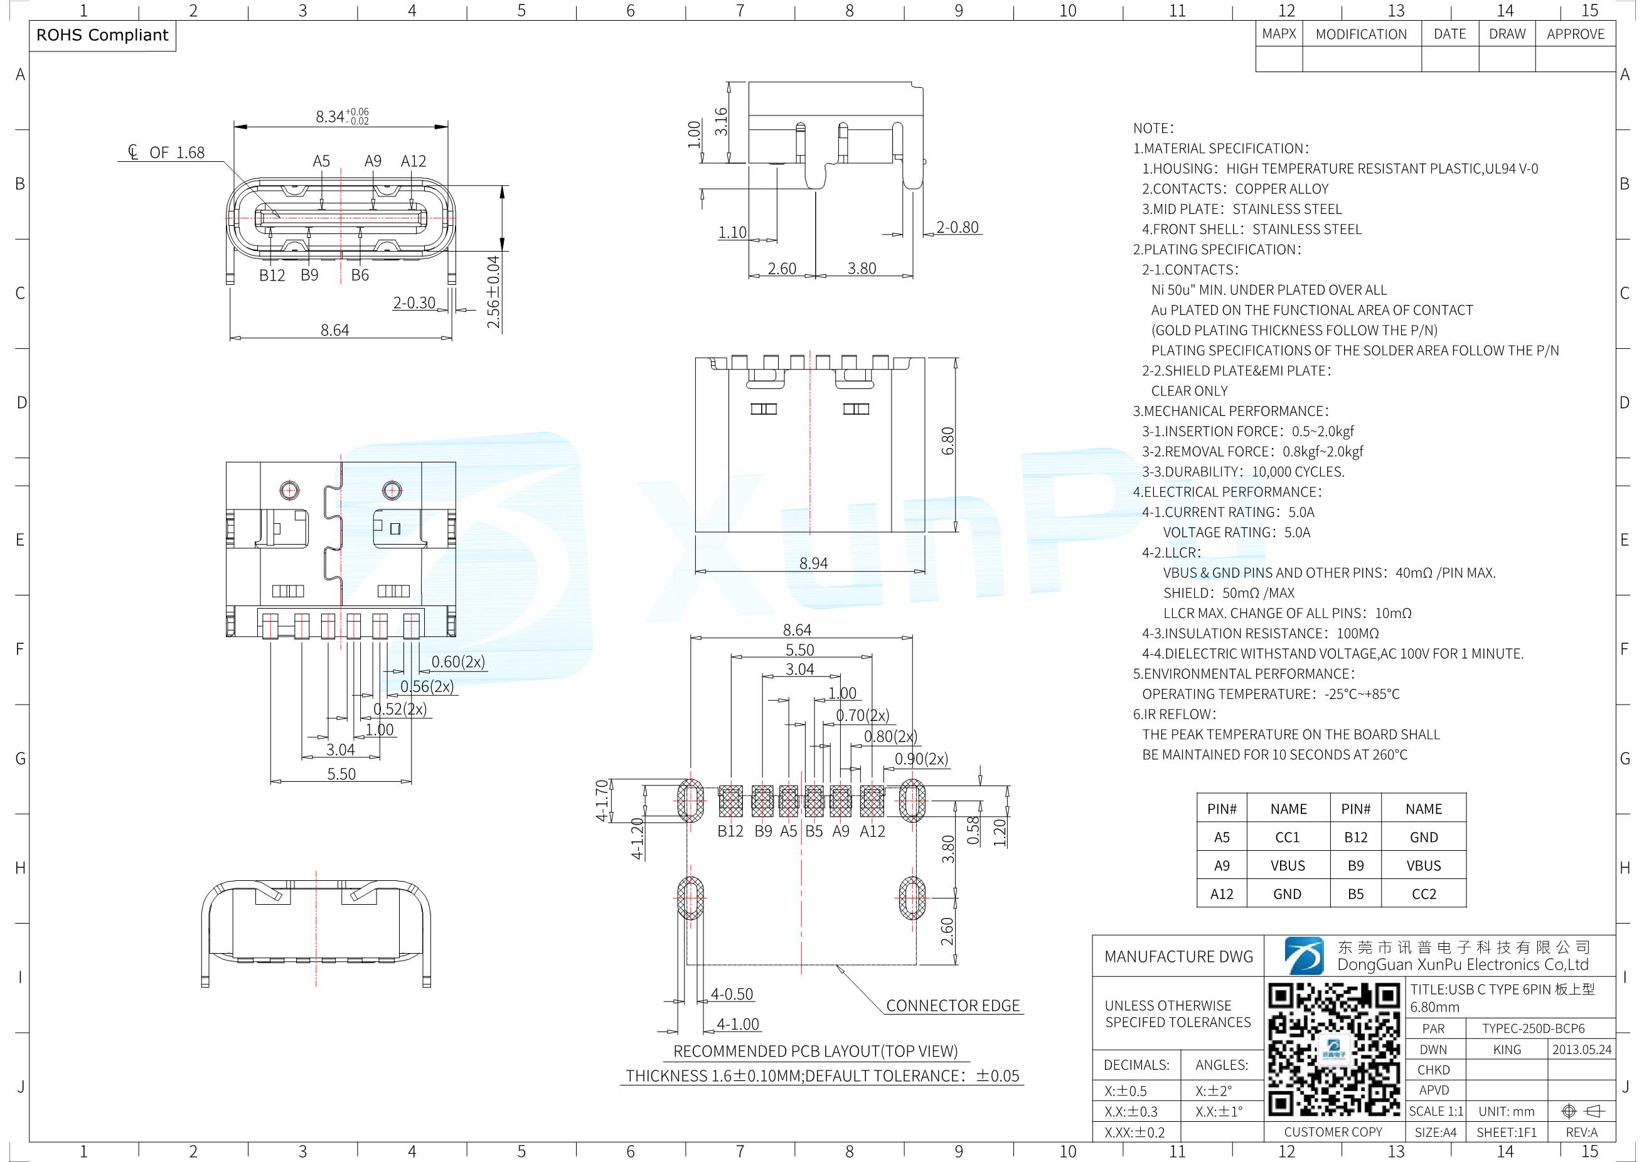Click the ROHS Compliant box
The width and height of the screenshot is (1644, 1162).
coord(102,36)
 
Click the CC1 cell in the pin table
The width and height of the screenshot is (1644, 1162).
coord(1288,837)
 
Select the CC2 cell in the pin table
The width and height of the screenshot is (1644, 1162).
coord(1424,893)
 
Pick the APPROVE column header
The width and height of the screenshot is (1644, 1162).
coord(1575,34)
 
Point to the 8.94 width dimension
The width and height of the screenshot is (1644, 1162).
coord(813,563)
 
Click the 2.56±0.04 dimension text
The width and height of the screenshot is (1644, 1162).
coord(493,292)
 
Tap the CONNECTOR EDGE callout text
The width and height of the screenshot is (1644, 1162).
coord(953,1005)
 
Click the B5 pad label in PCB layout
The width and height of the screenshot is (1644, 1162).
coord(814,831)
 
